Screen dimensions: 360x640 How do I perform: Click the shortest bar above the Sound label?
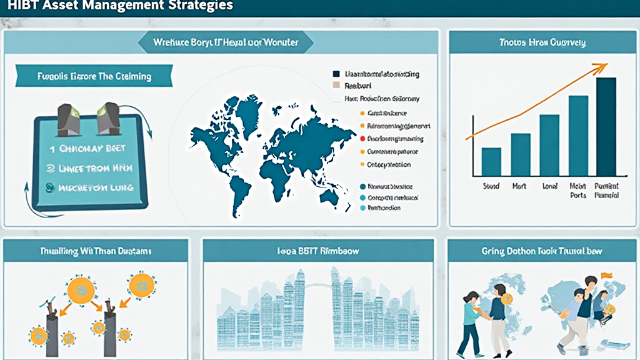pos(491,161)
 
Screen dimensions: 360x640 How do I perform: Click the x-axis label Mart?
pos(519,186)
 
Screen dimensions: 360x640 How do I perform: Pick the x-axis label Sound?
pos(491,186)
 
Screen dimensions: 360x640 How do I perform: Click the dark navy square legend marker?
pos(337,74)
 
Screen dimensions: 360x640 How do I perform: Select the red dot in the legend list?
pos(362,139)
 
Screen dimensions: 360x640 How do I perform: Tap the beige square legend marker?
pos(337,86)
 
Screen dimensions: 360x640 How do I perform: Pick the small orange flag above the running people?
pos(606,274)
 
